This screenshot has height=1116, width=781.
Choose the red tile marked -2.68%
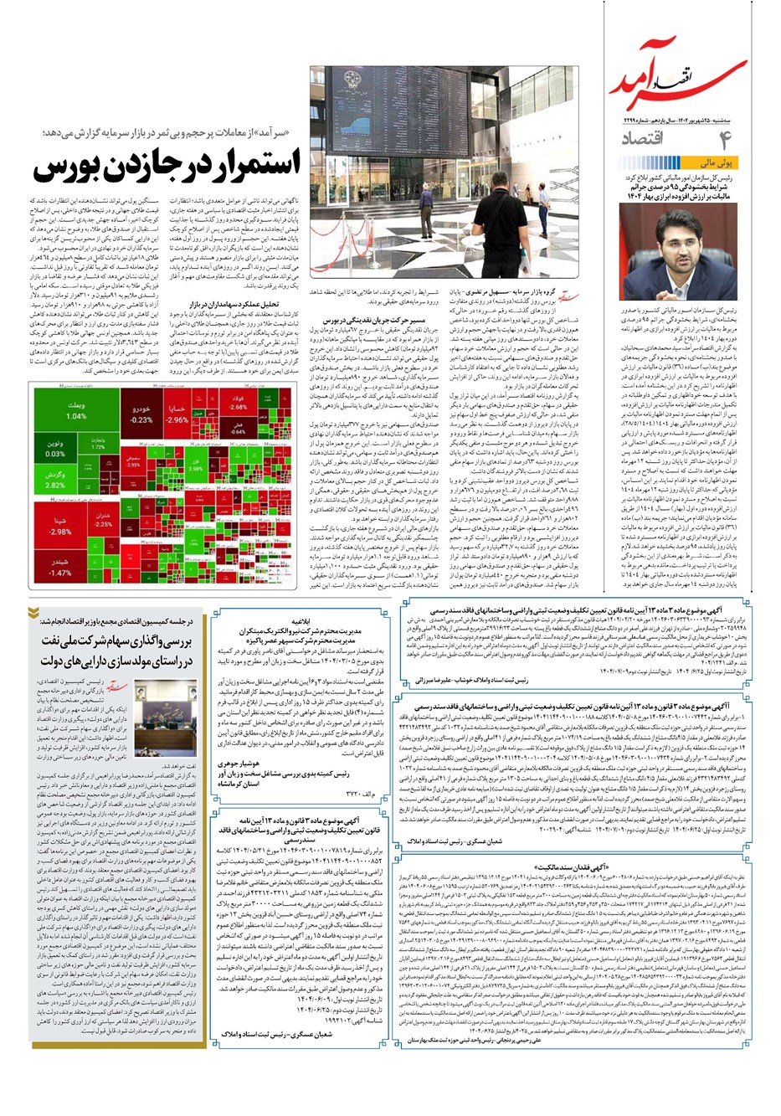(238, 403)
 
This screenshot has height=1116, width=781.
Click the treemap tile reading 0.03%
(55, 448)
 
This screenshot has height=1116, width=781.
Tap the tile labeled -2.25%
(103, 520)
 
